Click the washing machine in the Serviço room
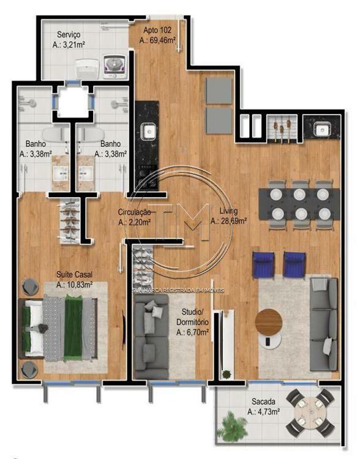115,67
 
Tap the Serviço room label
69,34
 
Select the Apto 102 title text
157,30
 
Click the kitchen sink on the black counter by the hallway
149,130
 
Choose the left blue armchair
263,264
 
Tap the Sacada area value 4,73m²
263,412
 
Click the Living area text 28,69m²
228,220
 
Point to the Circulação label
135,212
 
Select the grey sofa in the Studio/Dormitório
151,337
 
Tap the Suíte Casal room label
75,275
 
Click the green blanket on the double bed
73,329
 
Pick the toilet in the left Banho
55,135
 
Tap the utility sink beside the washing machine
86,69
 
